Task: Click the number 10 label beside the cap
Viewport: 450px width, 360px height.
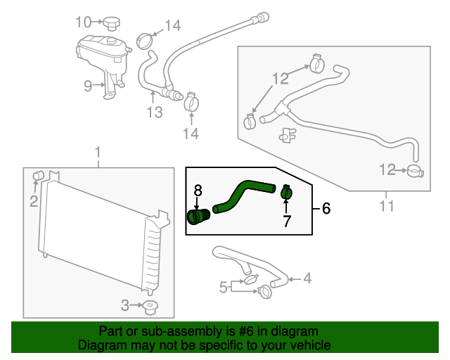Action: pos(84,22)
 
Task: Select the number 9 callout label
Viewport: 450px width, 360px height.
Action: pos(88,86)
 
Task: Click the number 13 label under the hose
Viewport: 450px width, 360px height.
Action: pos(155,112)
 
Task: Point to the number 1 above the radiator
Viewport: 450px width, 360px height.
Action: pos(98,152)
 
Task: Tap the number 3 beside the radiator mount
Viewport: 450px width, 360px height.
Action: pos(125,305)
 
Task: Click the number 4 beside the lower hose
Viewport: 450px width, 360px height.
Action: pos(307,279)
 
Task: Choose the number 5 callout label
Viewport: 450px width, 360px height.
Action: pos(223,286)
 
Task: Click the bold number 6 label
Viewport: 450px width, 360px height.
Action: pos(326,208)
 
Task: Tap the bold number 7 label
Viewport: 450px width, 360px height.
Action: pos(286,222)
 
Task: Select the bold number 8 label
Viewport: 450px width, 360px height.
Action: pos(198,190)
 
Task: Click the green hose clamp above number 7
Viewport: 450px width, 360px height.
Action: pos(285,191)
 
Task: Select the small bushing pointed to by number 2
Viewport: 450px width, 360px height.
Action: pos(39,174)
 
